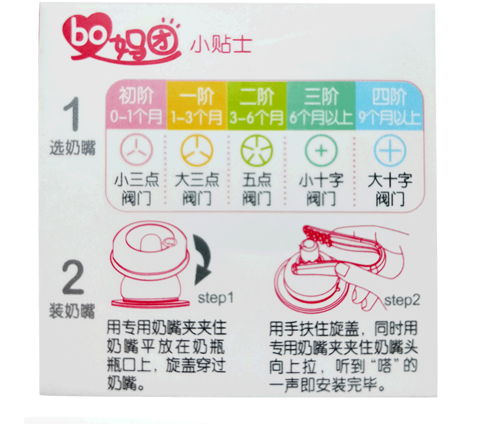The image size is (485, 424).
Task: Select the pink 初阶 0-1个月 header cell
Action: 136,105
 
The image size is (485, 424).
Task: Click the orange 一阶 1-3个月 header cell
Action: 197,105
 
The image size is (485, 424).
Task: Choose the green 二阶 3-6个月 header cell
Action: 257,105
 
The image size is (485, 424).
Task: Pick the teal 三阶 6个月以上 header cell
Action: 321,105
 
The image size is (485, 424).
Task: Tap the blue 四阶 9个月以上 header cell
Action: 389,105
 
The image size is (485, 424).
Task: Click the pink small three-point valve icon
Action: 136,151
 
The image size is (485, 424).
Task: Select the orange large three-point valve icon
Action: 197,151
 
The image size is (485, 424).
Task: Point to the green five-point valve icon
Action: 257,151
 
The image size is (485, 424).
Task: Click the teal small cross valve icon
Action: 321,151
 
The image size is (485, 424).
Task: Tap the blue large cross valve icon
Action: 390,151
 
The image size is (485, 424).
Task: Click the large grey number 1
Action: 72,114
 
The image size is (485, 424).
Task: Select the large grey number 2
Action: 73,277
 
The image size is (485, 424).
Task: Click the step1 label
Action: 215,298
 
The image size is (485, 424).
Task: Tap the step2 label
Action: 402,301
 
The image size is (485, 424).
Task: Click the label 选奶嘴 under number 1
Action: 72,147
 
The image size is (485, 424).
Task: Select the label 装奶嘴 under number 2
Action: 72,310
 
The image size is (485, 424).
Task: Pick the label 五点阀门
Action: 257,189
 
